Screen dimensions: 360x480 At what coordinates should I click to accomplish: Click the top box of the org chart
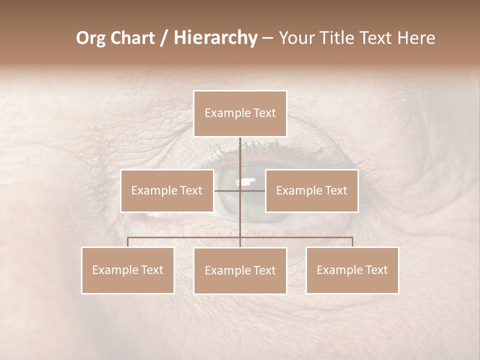click(x=240, y=113)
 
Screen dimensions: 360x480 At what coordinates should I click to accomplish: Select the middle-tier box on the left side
click(x=167, y=190)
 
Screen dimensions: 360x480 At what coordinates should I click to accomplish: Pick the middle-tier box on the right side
click(x=311, y=190)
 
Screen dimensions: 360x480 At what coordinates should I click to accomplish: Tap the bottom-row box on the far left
click(x=127, y=270)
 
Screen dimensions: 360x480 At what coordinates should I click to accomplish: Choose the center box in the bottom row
click(x=240, y=270)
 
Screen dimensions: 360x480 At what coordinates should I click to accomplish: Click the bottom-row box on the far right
click(x=352, y=270)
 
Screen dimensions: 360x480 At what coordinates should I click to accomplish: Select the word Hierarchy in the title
click(x=215, y=38)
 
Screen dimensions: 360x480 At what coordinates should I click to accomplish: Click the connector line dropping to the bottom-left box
click(x=127, y=242)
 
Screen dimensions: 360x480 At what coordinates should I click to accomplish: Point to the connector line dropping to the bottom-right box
click(x=352, y=242)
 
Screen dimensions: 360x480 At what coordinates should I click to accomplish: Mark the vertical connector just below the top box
click(x=240, y=150)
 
